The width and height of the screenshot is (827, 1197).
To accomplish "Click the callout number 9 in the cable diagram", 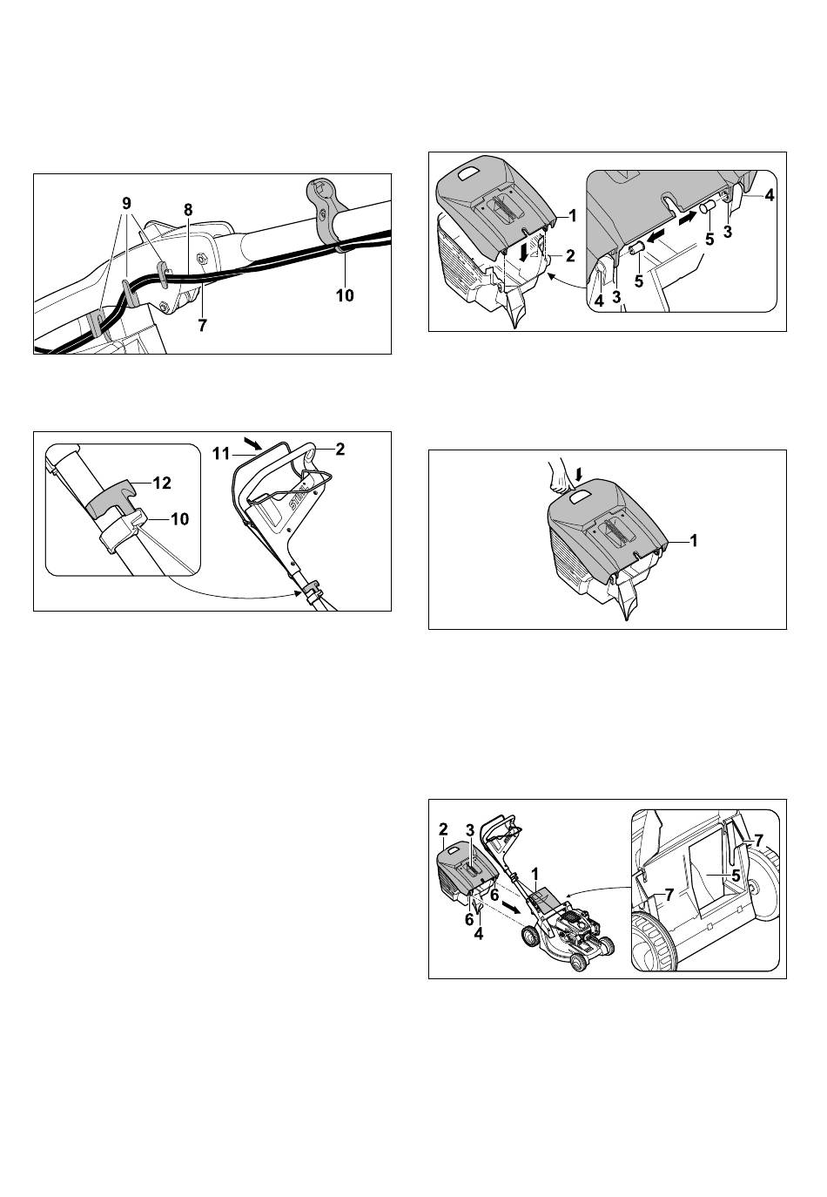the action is pyautogui.click(x=126, y=204).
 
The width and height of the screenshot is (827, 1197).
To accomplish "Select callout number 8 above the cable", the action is pyautogui.click(x=188, y=210).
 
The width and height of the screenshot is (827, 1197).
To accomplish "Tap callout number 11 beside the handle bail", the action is pyautogui.click(x=221, y=454).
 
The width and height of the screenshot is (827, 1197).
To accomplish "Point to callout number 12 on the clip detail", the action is pyautogui.click(x=162, y=484).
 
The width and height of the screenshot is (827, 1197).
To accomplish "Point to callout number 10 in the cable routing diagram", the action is pyautogui.click(x=345, y=295).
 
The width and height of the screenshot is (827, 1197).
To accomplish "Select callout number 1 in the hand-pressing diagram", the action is pyautogui.click(x=694, y=541).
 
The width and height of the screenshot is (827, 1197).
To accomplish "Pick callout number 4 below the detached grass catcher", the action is pyautogui.click(x=479, y=934).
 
